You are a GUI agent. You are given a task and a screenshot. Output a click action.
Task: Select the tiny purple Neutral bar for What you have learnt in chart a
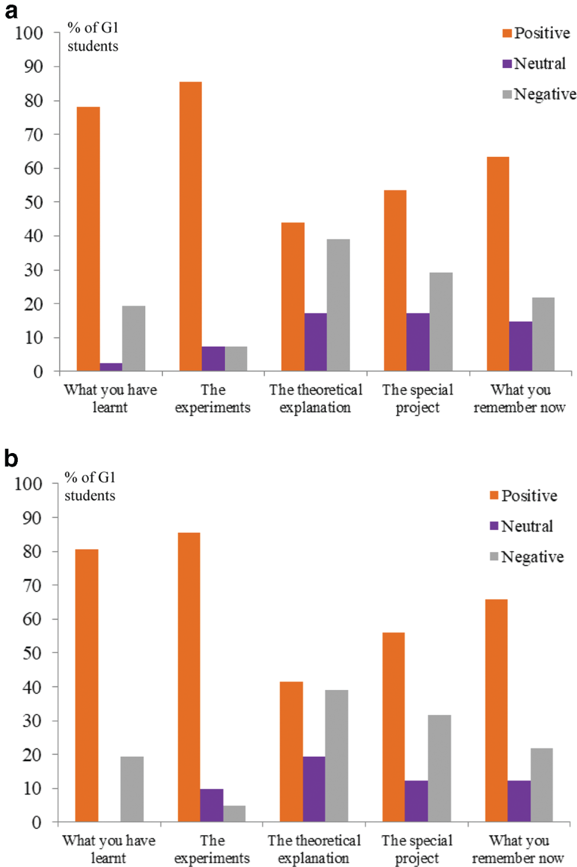tap(111, 367)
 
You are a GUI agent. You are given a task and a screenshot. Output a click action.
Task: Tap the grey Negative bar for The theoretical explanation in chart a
tap(338, 305)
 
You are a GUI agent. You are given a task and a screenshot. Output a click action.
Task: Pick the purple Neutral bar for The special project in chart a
tap(418, 342)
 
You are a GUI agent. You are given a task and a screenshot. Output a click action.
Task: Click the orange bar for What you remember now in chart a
tap(498, 264)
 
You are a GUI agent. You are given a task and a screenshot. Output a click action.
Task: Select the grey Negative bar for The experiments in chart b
tap(235, 813)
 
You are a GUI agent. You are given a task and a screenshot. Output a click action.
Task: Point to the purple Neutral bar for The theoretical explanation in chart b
tap(314, 789)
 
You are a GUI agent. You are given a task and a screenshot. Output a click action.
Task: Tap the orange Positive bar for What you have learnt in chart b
tap(86, 685)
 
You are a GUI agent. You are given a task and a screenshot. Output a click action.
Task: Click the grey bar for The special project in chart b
tap(439, 768)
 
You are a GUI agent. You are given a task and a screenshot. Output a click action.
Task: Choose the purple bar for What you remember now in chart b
tap(519, 801)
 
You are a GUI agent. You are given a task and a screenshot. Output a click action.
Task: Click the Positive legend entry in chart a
tap(536, 33)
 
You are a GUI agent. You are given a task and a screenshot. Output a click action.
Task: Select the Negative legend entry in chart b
tap(527, 557)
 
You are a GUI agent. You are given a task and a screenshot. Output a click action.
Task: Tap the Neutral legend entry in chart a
tap(534, 63)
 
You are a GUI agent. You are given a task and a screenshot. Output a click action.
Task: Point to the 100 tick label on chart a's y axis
tap(29, 33)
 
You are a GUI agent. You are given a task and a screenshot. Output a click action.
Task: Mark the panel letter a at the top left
tap(11, 11)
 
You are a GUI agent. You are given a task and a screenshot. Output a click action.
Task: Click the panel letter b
tap(11, 458)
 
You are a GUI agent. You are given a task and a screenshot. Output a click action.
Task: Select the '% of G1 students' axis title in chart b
tap(90, 486)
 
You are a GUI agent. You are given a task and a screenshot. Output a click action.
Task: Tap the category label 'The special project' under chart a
tap(418, 399)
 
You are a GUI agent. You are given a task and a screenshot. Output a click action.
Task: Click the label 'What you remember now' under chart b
tap(518, 849)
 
